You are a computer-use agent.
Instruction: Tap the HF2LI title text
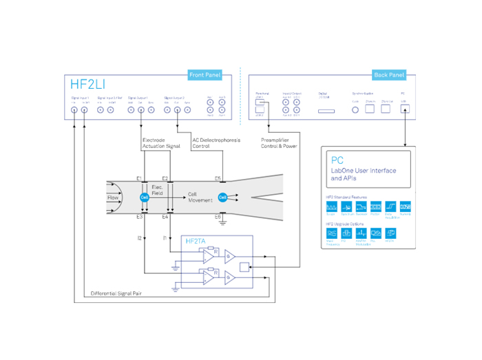pyautogui.click(x=88, y=85)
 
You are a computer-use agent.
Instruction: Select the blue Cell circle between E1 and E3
pyautogui.click(x=145, y=198)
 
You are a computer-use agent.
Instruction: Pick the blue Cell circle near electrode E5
pyautogui.click(x=222, y=198)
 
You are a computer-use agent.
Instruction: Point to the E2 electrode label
pyautogui.click(x=165, y=178)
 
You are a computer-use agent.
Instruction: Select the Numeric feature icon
pyautogui.click(x=405, y=207)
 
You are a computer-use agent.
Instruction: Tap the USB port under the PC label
pyautogui.click(x=404, y=108)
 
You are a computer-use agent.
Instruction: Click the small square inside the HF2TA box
pyautogui.click(x=244, y=266)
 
